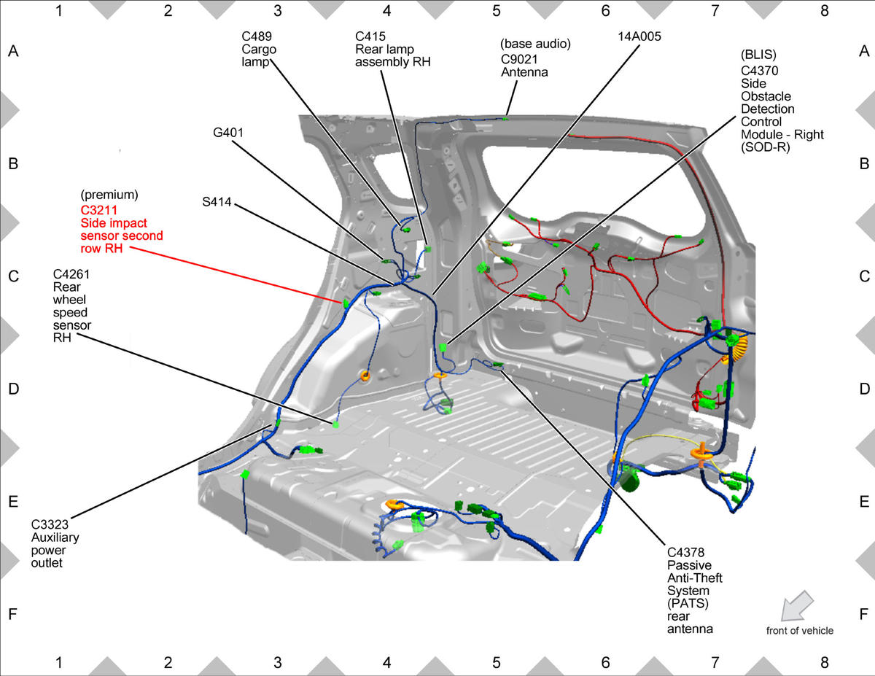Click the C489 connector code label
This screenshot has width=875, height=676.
[257, 36]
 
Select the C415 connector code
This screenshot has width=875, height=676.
[370, 36]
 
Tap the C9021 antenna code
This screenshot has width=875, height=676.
[519, 59]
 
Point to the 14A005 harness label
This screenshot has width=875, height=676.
[639, 36]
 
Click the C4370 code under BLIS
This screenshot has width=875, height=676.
[760, 71]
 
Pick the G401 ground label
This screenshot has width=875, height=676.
[228, 133]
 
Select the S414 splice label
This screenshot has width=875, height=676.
[217, 201]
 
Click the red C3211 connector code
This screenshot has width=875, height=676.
[99, 210]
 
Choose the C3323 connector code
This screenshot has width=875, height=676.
[50, 524]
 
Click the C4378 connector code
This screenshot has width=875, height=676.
[685, 552]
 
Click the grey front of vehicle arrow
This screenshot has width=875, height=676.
[797, 606]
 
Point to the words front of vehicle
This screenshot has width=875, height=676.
[800, 631]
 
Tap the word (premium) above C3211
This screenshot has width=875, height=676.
[109, 195]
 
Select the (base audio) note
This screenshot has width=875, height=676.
[535, 44]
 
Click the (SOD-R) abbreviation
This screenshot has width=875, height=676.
[766, 147]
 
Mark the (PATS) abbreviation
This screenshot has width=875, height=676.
[688, 604]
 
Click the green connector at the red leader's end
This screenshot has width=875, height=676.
[346, 303]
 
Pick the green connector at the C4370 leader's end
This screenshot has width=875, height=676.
[443, 347]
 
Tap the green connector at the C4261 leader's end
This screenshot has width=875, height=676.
[335, 424]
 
